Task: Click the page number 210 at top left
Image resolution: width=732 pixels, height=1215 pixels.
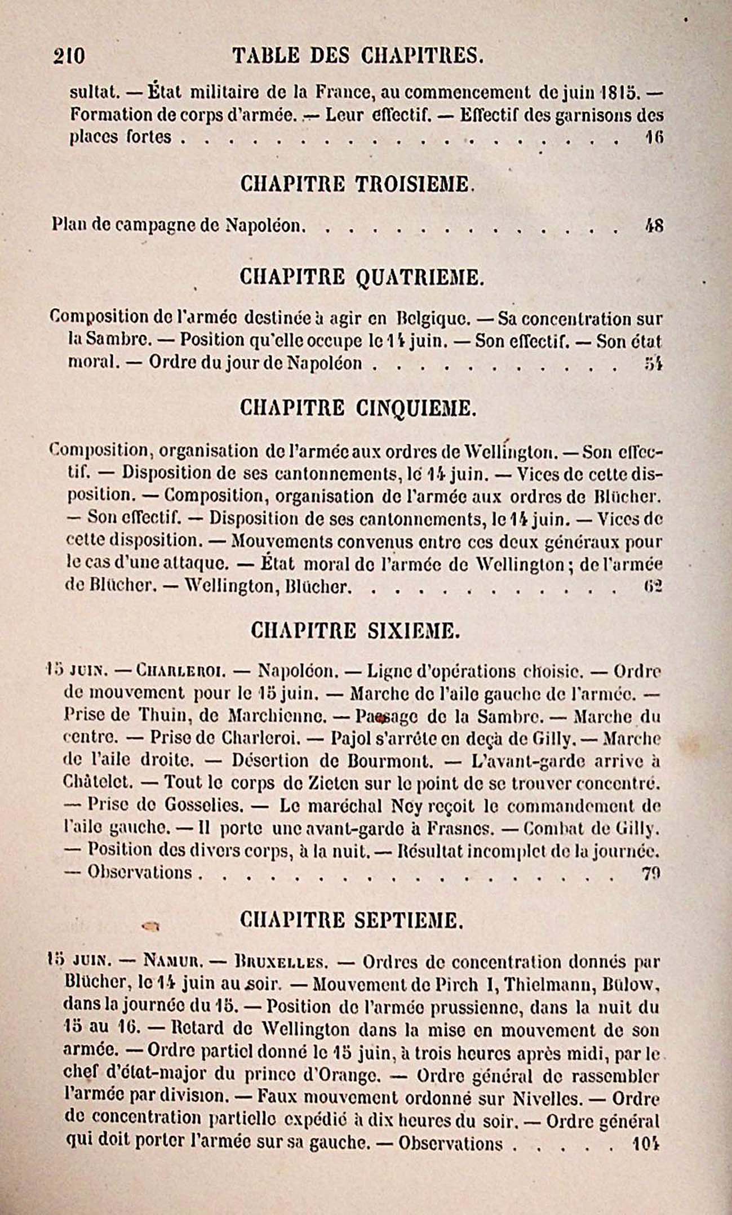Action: tap(69, 56)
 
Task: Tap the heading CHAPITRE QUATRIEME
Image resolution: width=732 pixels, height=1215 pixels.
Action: tap(361, 277)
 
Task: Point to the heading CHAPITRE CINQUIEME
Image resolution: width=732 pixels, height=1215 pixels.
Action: tap(358, 408)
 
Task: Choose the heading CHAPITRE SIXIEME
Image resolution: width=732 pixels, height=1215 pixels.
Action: tap(355, 630)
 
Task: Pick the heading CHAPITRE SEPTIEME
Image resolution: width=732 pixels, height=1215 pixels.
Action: tap(352, 920)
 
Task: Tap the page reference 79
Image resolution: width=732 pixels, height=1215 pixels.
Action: tap(650, 873)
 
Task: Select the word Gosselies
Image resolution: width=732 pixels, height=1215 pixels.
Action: tap(203, 805)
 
